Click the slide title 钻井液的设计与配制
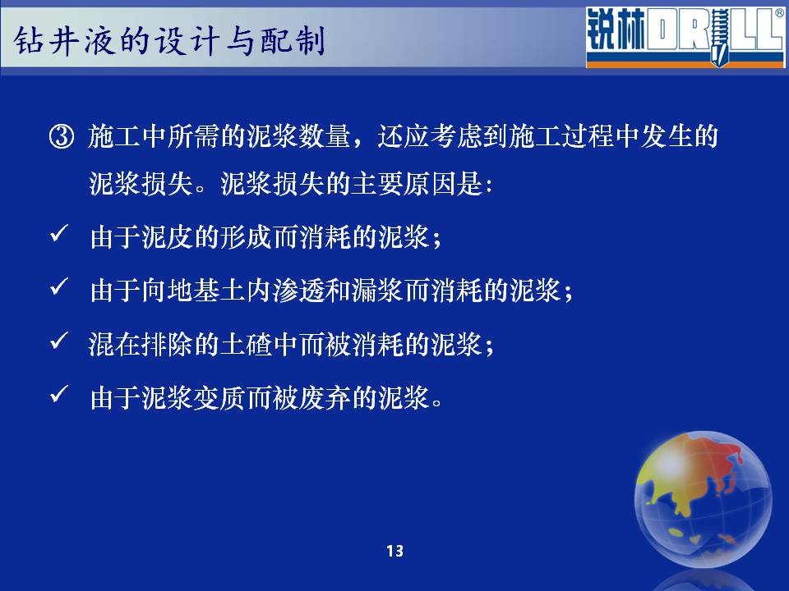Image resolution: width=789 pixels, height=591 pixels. point(169,40)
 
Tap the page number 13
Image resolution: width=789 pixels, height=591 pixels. point(395,551)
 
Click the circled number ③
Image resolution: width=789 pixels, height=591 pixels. point(62,136)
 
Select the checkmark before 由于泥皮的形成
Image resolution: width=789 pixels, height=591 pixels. point(59,233)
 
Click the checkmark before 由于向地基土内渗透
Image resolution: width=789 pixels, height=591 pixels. point(59,287)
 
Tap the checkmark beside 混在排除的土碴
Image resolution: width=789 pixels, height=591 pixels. point(59,341)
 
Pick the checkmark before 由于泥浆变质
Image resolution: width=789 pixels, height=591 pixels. point(59,395)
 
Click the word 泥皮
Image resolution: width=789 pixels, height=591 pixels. point(168,236)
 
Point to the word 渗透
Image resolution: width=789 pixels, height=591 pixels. point(299,291)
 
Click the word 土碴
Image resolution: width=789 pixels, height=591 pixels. point(247,344)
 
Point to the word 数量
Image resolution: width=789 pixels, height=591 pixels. point(325,136)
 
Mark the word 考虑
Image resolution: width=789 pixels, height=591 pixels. point(456,136)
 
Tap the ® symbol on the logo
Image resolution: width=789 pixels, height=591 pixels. point(779,13)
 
